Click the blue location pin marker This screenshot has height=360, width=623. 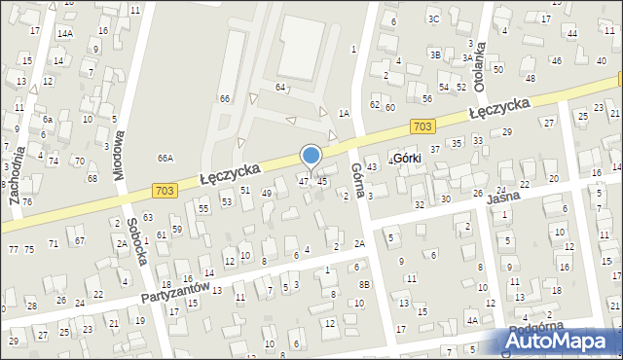tap(311, 157)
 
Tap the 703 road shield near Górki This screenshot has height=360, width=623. tap(421, 126)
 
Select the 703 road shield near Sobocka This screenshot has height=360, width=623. tap(165, 191)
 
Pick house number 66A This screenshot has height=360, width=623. tap(165, 158)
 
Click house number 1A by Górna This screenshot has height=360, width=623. tap(343, 113)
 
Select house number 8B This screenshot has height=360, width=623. tap(364, 284)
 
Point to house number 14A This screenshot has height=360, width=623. tap(64, 33)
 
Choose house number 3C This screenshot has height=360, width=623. tap(434, 18)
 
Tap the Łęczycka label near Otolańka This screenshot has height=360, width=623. tap(498, 108)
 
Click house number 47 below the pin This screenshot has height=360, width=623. tap(304, 181)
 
